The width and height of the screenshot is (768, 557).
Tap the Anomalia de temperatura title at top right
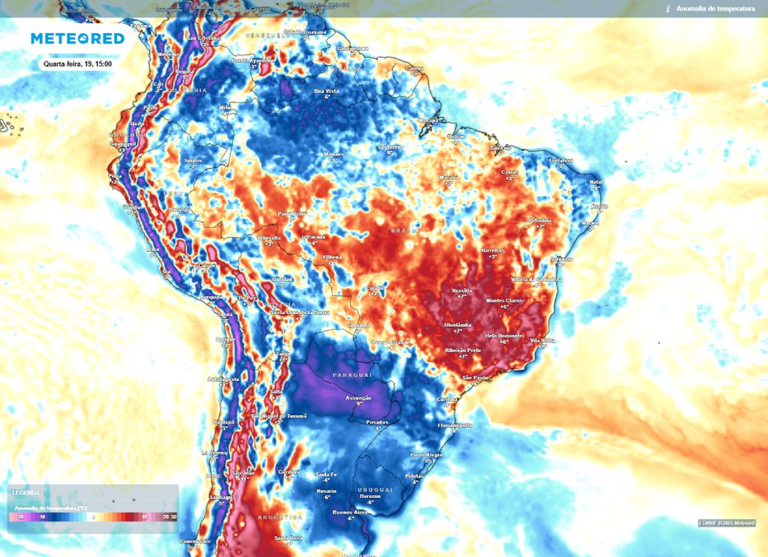(x=715, y=8)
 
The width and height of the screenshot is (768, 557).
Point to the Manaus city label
(x=333, y=154)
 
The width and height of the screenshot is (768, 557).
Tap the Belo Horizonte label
(x=503, y=336)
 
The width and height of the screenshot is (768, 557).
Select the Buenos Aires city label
(x=349, y=512)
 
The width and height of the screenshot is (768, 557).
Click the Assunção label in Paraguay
(x=358, y=397)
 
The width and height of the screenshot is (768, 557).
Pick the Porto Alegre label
(x=426, y=455)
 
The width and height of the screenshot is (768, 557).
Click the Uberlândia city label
(x=458, y=324)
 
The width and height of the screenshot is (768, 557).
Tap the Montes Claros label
(x=503, y=300)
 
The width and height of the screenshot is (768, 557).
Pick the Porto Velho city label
(x=293, y=213)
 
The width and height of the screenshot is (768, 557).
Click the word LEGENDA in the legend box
(x=25, y=493)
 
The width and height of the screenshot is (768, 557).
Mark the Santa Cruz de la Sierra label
(x=299, y=312)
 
